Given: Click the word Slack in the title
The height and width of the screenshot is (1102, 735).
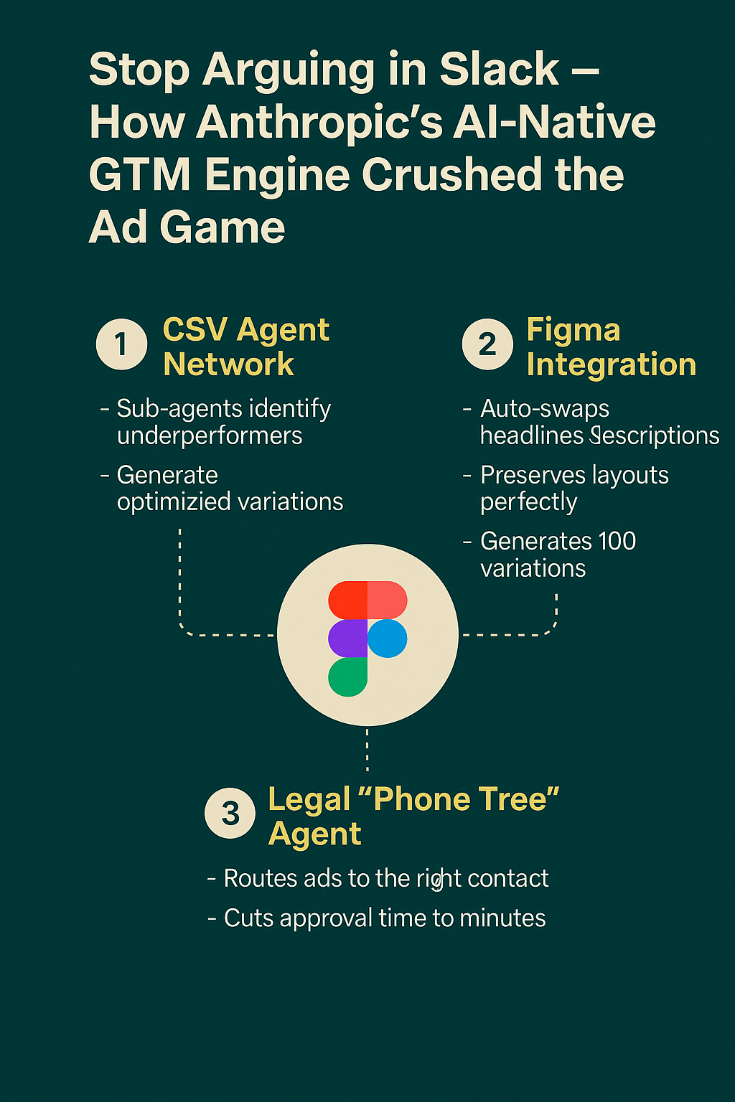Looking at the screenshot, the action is (499, 70).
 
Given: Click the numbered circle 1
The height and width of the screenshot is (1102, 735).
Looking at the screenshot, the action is (122, 344).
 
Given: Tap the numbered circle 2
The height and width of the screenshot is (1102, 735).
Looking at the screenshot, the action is (487, 344).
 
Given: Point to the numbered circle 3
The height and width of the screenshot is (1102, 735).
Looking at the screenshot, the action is (230, 813).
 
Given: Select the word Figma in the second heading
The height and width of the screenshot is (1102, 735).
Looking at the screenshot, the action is (573, 330).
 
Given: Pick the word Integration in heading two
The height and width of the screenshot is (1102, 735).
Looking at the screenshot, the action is (611, 364).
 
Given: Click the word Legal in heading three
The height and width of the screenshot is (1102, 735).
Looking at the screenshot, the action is (309, 799).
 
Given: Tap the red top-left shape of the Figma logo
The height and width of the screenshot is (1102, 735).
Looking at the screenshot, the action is (348, 600).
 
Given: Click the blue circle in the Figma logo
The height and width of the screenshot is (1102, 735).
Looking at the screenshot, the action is (388, 638).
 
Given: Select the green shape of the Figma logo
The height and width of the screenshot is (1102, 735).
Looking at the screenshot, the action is (347, 677).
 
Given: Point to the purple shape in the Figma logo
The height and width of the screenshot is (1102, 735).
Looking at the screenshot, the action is (348, 638).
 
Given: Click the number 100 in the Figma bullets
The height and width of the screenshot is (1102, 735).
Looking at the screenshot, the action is (617, 541).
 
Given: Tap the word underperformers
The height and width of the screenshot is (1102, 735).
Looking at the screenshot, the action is (210, 435).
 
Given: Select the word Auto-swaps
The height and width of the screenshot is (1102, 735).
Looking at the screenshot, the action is (545, 408).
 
